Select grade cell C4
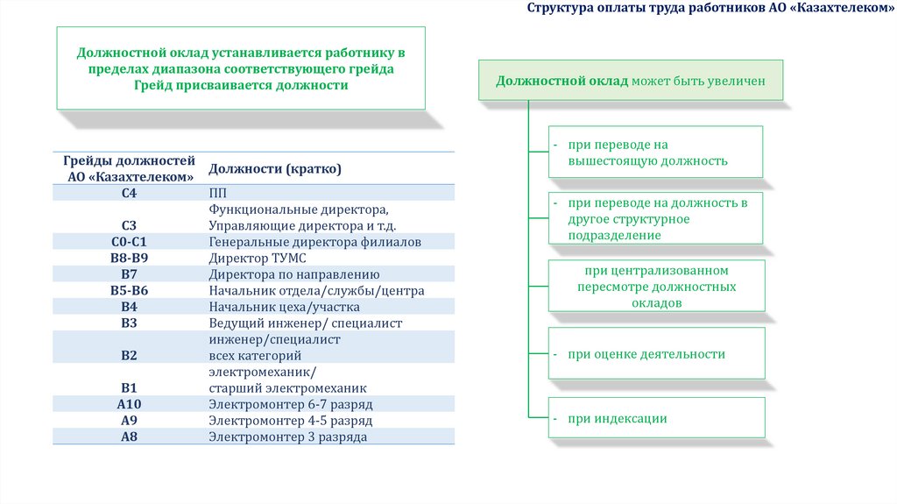point(130,192)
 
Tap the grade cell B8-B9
point(130,258)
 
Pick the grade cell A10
point(130,404)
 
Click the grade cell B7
point(130,274)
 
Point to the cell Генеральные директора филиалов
point(314,241)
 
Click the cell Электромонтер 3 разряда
point(287,437)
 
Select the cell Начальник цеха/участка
point(284,307)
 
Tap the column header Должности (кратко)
point(274,168)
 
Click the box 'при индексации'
point(656,418)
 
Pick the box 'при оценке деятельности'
point(656,354)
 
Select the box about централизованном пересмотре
point(656,286)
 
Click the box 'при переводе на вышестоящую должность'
point(656,152)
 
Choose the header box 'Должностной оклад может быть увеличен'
point(631,81)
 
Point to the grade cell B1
point(130,387)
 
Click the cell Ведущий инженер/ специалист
point(305,323)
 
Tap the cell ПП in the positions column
point(218,192)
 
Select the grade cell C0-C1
point(130,241)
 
